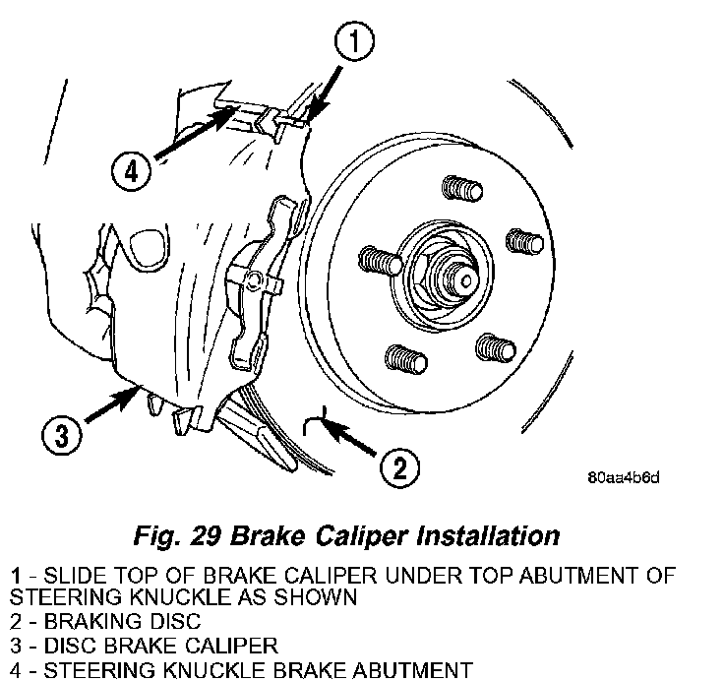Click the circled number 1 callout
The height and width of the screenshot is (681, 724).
point(354,40)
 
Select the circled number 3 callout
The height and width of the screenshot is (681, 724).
point(62,435)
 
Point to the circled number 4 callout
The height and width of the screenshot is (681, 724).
point(132,171)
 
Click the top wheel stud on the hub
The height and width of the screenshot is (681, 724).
point(462,188)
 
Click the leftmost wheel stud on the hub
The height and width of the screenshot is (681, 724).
point(381,261)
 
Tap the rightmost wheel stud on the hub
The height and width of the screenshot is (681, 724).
point(525,241)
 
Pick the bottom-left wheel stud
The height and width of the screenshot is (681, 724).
point(406,359)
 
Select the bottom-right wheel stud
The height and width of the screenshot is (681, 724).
point(496,347)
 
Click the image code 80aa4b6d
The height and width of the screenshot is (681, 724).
point(624,477)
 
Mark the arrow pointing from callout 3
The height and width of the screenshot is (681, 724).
point(112,405)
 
